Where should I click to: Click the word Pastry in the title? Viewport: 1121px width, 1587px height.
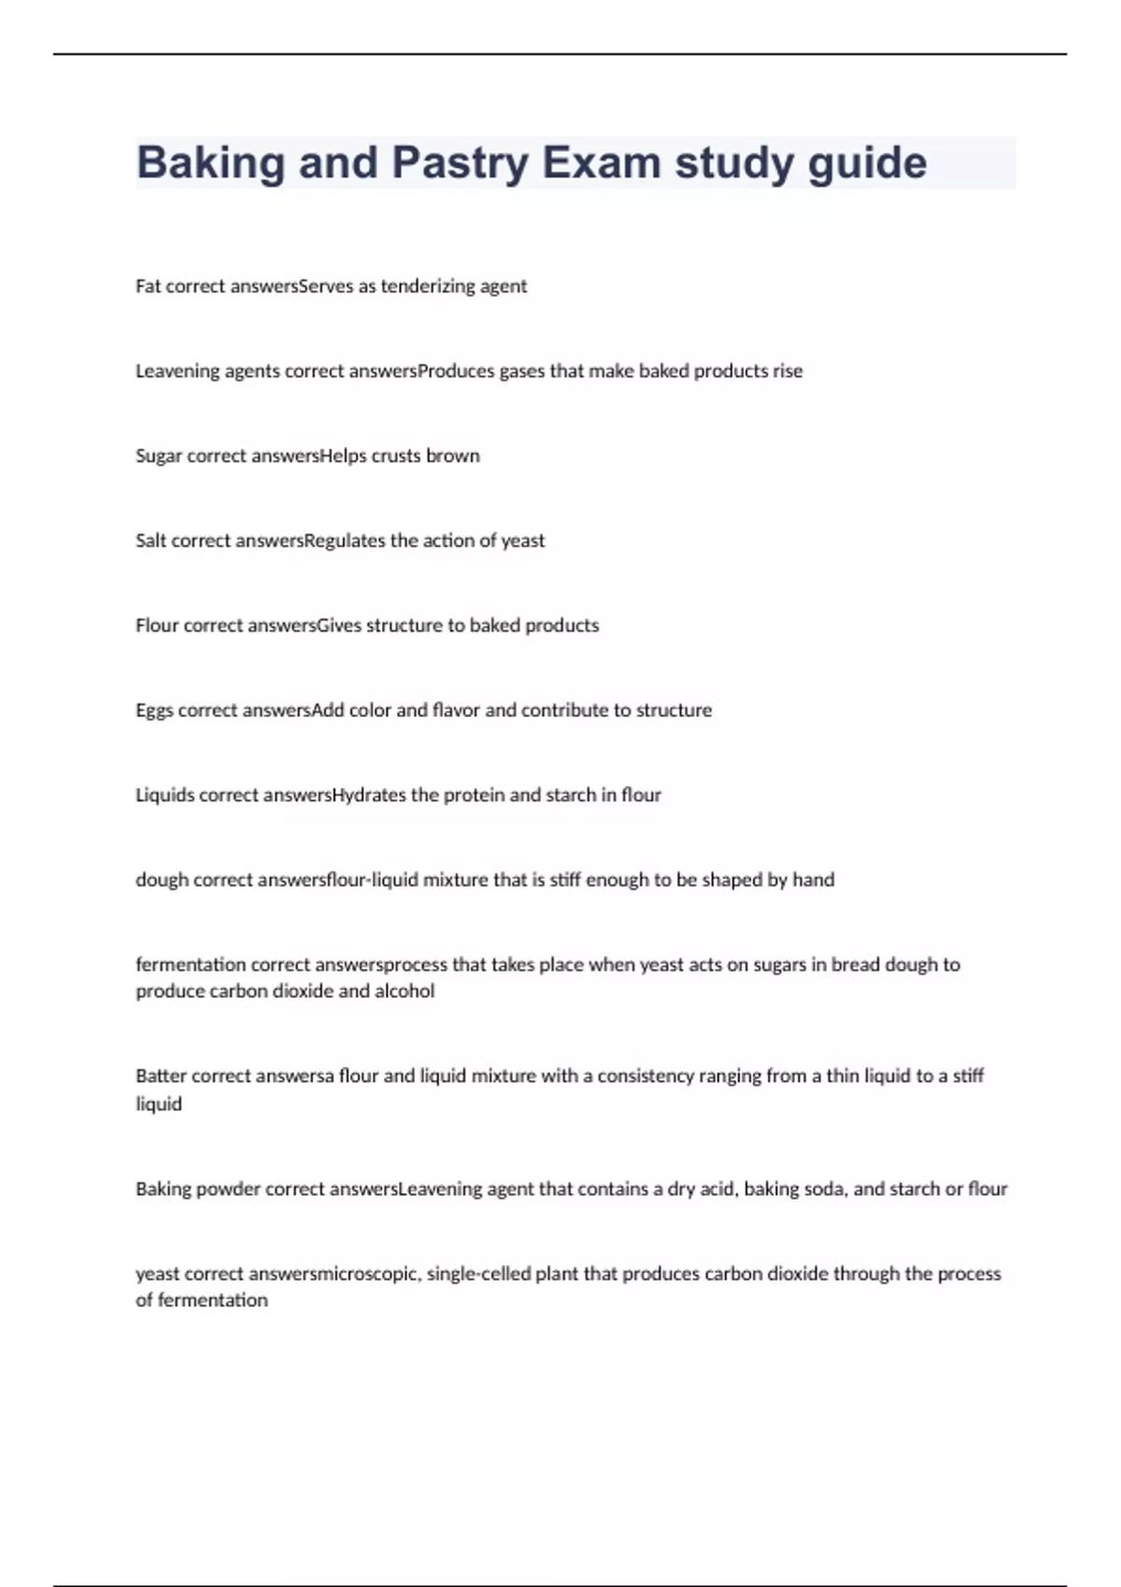tap(460, 163)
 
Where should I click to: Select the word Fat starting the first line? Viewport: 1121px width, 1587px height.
tap(148, 287)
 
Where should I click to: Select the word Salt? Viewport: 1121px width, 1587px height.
tap(151, 541)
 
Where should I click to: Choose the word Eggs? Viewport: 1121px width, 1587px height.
tap(154, 710)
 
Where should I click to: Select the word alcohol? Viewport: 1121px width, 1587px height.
tap(404, 991)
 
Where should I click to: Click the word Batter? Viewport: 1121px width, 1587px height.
tap(161, 1076)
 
